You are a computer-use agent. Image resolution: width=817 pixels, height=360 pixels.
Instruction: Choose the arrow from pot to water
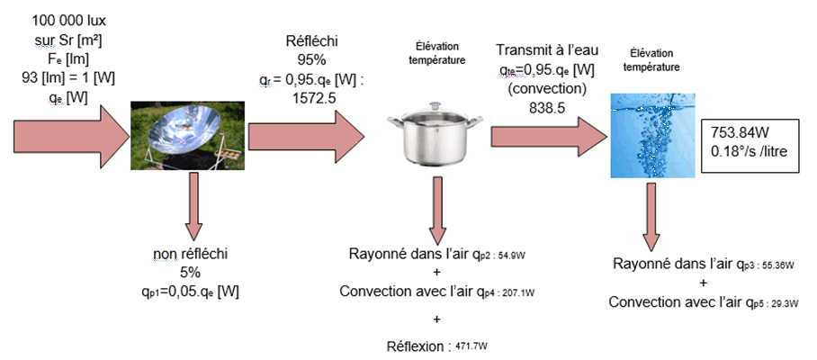tap(544, 137)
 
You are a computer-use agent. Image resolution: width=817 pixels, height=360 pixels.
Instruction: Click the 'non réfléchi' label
tap(192, 253)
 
